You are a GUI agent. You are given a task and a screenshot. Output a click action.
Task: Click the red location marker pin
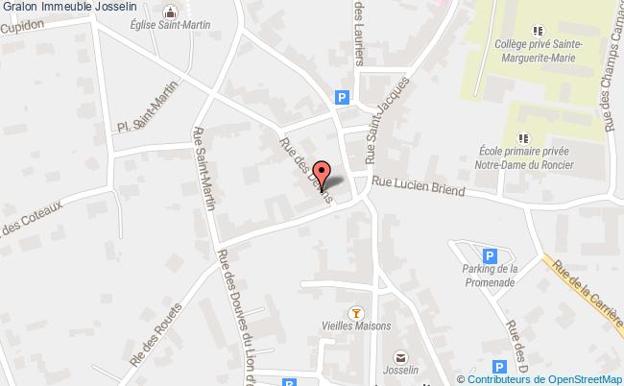pos(323,176)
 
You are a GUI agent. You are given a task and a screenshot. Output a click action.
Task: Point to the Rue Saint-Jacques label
pos(373,133)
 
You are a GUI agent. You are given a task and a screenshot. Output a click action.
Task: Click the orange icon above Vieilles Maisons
pos(357,311)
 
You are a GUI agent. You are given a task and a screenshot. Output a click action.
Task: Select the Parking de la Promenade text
pos(489,277)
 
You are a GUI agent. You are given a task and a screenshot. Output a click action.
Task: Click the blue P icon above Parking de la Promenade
pos(490,256)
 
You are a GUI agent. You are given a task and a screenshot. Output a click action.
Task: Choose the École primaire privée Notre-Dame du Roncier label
pos(524,158)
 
